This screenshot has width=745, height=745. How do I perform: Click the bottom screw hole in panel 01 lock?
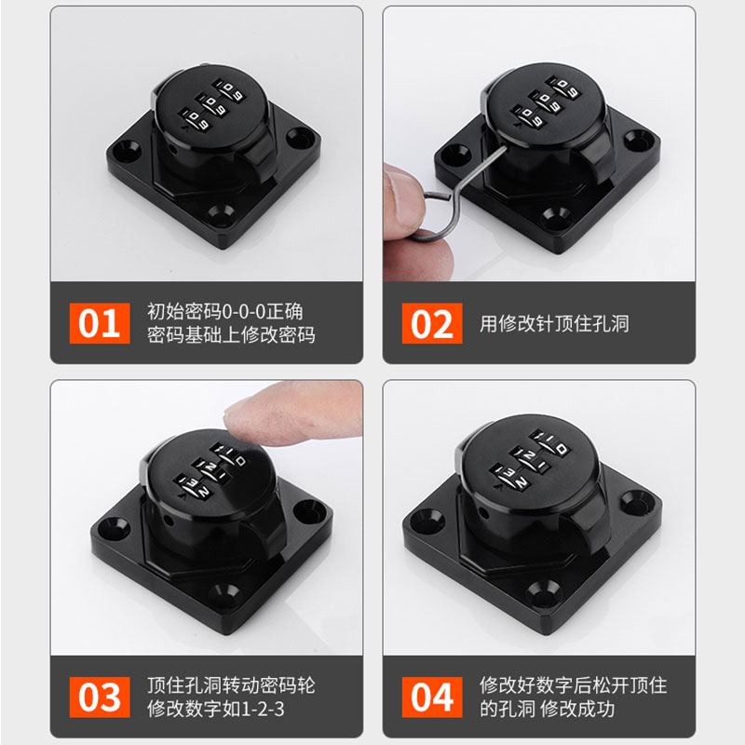click(x=223, y=220)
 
